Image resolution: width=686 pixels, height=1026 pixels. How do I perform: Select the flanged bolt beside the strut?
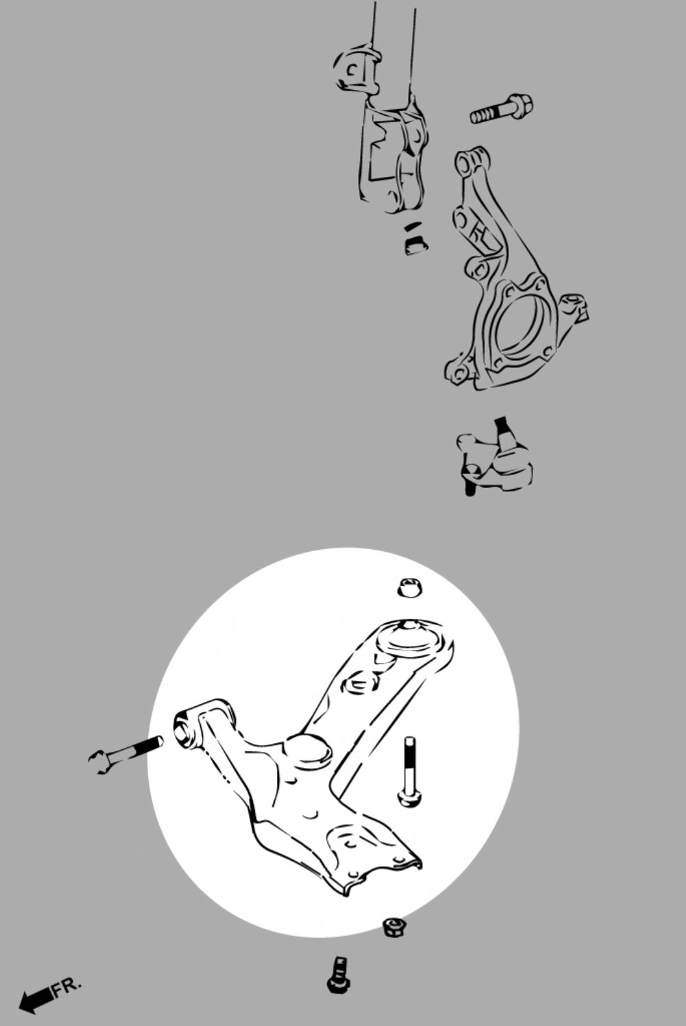pyautogui.click(x=501, y=108)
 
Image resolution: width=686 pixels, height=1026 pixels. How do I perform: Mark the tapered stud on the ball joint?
pyautogui.click(x=504, y=433)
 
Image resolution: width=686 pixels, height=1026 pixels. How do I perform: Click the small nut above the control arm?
pyautogui.click(x=409, y=587)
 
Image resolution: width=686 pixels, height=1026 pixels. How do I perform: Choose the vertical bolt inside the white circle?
pyautogui.click(x=410, y=771)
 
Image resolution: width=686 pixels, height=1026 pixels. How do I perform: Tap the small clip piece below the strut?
pyautogui.click(x=415, y=239)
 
